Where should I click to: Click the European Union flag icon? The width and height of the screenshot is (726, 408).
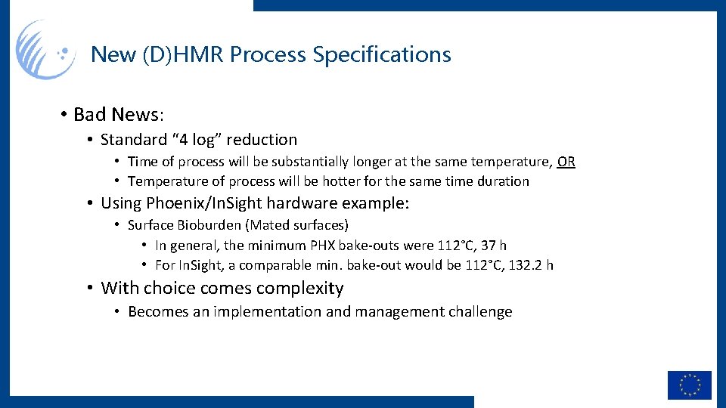pyautogui.click(x=689, y=385)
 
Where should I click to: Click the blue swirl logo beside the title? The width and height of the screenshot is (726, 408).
pyautogui.click(x=45, y=50)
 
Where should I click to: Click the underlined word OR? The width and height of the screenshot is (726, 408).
pyautogui.click(x=566, y=162)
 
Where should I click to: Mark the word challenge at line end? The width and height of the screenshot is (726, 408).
pyautogui.click(x=479, y=312)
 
